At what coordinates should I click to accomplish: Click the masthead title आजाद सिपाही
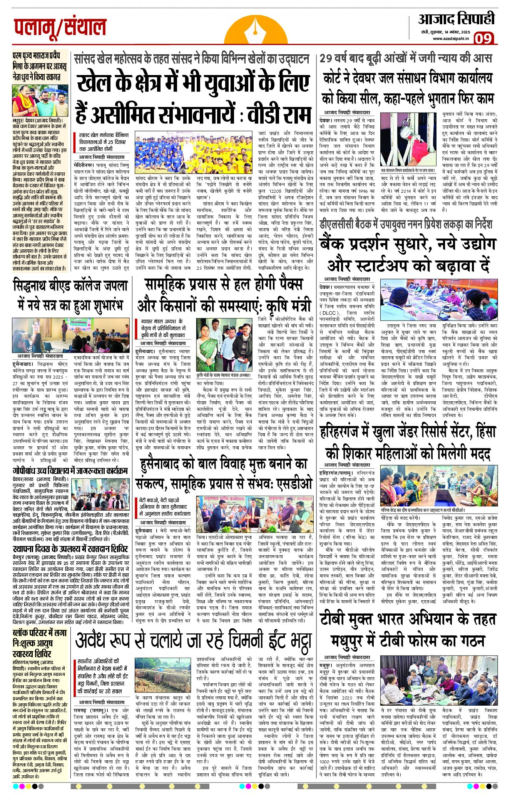(x=456, y=19)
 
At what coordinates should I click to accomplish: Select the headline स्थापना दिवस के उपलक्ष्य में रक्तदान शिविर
(x=70, y=549)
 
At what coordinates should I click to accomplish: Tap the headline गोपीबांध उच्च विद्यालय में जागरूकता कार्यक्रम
(x=70, y=471)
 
